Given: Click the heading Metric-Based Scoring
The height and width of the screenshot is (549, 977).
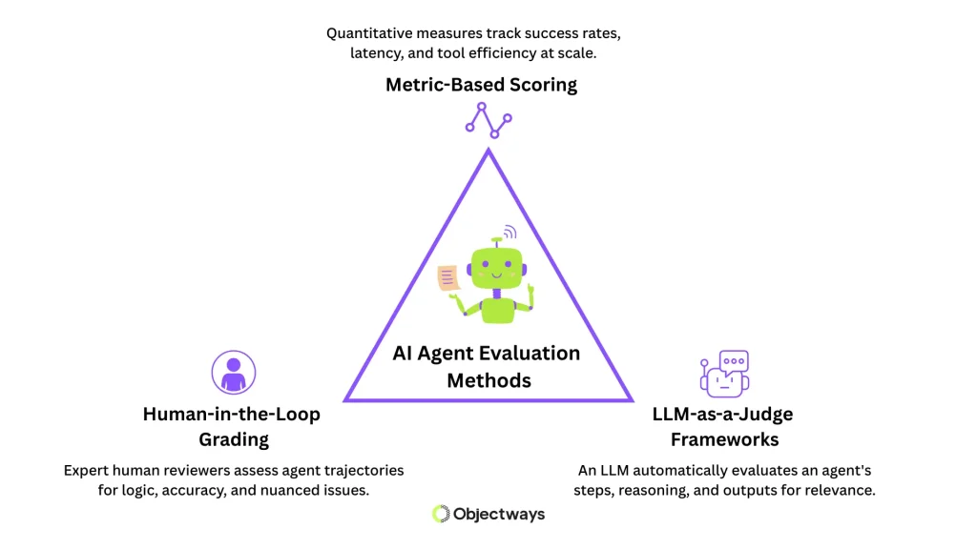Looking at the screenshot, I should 481,85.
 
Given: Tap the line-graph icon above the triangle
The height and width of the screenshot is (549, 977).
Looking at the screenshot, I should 488,116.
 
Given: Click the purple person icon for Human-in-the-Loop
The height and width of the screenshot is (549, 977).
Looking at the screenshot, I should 232,373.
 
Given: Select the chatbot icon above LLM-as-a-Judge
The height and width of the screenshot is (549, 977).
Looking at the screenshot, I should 724,373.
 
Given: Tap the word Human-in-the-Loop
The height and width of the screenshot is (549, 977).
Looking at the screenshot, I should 232,415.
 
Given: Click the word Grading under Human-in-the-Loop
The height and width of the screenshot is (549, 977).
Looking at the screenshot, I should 233,439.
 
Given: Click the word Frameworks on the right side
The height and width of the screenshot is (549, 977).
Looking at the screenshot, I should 724,439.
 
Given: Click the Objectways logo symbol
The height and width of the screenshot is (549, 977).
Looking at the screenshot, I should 441,514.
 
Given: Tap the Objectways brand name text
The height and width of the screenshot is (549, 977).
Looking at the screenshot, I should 499,514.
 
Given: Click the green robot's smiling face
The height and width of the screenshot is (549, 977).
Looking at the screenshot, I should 495,270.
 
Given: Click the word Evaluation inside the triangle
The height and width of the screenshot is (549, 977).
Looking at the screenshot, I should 532,354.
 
